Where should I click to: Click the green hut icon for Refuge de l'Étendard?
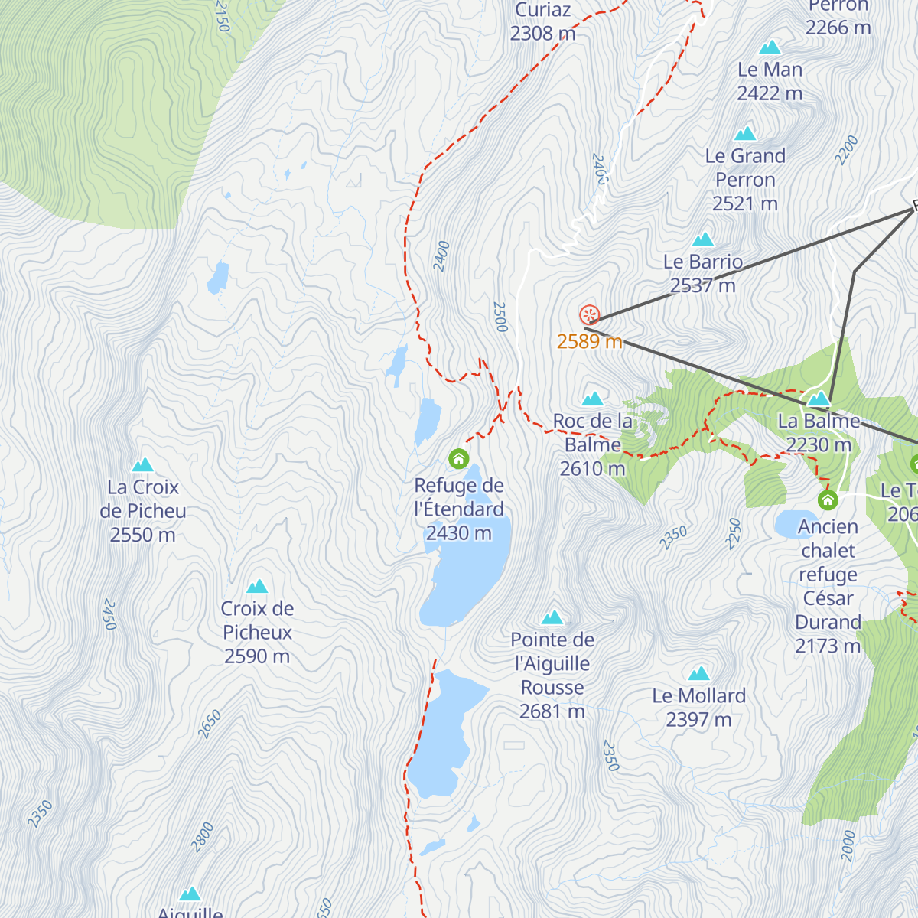(x=458, y=459)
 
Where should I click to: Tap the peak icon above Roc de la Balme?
(x=593, y=399)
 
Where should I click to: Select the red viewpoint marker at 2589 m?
(x=588, y=315)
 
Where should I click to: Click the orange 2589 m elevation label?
(x=589, y=341)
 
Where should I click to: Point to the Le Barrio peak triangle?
(x=703, y=239)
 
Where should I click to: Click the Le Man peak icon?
(x=770, y=47)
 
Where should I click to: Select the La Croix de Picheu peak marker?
(x=143, y=465)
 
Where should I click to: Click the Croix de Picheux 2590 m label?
(x=257, y=632)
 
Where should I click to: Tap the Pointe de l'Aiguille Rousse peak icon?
(x=552, y=617)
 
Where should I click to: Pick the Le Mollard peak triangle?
(x=698, y=674)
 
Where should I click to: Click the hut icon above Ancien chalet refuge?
(x=827, y=500)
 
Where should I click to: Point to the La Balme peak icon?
(x=819, y=399)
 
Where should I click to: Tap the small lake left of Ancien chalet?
(x=796, y=525)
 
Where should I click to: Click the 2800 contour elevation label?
(x=203, y=837)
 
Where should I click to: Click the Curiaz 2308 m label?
(x=542, y=21)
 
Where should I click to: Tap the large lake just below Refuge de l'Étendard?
(x=467, y=566)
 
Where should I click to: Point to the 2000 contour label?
(x=848, y=845)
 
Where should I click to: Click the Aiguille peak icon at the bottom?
(x=190, y=894)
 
